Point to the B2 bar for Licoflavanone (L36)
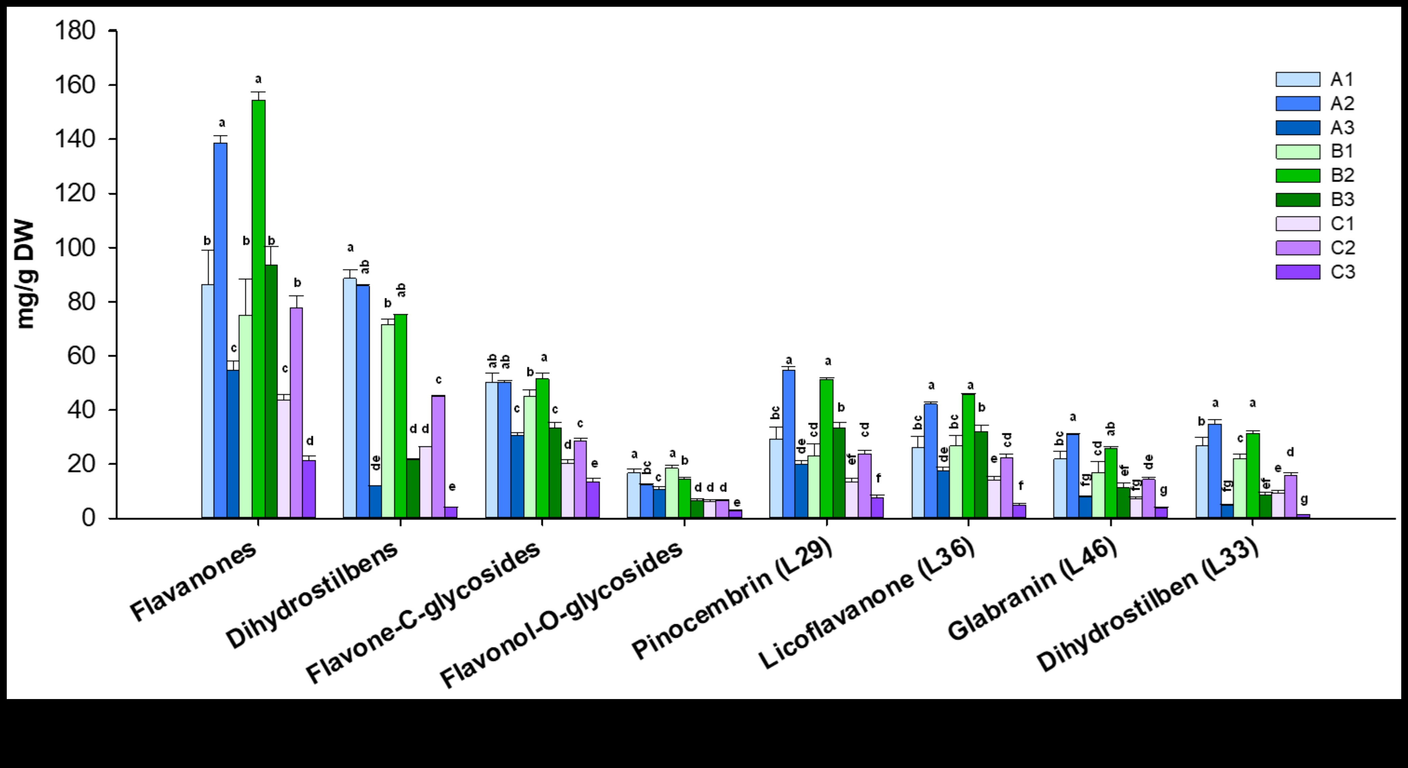tap(968, 456)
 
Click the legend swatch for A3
tap(1297, 127)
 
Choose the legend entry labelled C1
tap(1342, 223)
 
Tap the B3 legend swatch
tap(1297, 199)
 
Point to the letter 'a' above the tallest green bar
tap(259, 79)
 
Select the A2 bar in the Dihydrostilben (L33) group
tap(1215, 470)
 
